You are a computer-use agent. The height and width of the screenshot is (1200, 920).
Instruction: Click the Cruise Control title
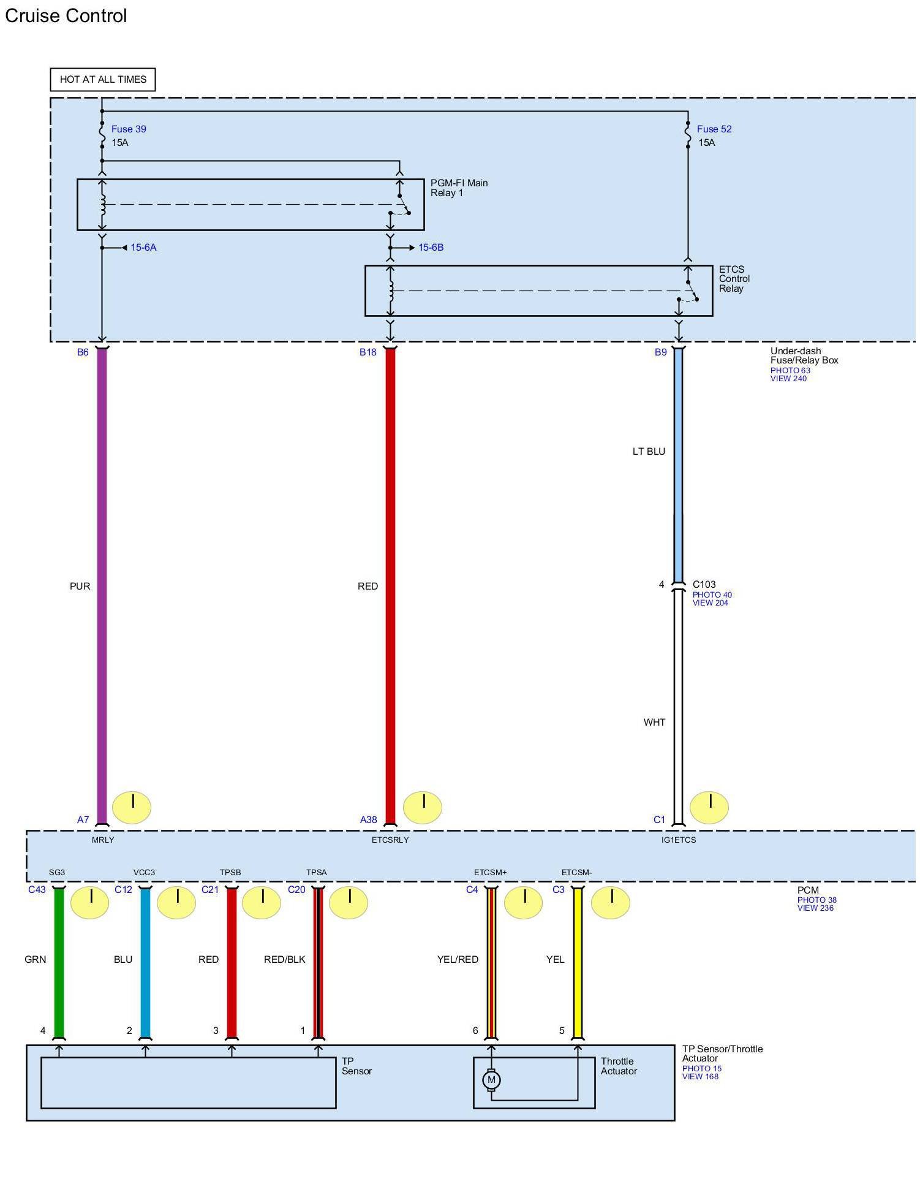[x=66, y=15]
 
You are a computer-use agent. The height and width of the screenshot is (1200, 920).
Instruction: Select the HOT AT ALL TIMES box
[x=103, y=80]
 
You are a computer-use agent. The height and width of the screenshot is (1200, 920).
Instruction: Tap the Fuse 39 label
[x=129, y=129]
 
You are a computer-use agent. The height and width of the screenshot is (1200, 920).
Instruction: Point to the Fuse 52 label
[x=714, y=129]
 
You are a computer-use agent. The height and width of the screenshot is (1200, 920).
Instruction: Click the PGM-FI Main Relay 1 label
[x=459, y=188]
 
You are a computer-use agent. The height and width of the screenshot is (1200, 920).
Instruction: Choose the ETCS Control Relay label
[x=734, y=279]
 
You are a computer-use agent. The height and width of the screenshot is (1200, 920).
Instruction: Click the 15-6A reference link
[x=143, y=248]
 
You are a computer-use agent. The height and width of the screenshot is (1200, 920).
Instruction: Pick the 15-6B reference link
[x=431, y=248]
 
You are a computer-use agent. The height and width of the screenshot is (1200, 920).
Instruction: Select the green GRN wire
[x=59, y=962]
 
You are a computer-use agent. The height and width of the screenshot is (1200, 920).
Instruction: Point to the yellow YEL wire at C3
[x=578, y=962]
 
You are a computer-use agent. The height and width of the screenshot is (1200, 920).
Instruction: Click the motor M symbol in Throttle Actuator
[x=491, y=1080]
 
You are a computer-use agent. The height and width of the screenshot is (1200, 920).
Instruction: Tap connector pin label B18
[x=368, y=352]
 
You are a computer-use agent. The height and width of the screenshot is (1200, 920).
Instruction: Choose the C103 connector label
[x=704, y=585]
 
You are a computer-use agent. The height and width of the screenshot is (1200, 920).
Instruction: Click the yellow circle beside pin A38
[x=423, y=807]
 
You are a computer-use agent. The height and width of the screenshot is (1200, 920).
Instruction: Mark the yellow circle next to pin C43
[x=90, y=902]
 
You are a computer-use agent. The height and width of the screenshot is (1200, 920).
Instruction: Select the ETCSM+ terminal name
[x=490, y=872]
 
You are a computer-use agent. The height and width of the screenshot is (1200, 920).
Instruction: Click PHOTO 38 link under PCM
[x=816, y=900]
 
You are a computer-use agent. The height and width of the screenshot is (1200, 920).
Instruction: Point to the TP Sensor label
[x=356, y=1066]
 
